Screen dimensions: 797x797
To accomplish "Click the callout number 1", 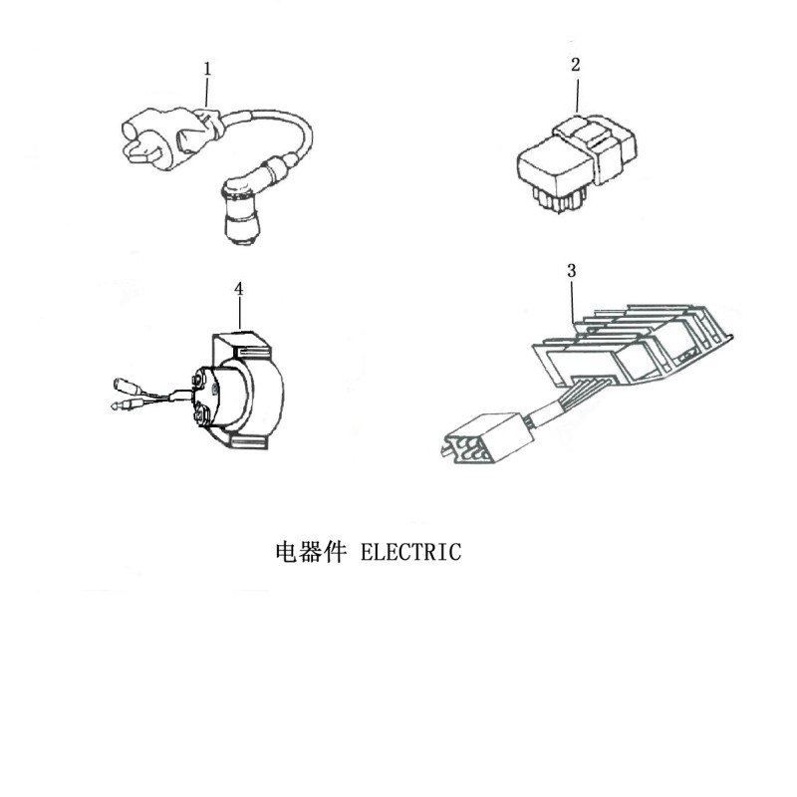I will (x=207, y=69).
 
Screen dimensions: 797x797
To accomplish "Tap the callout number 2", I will (x=575, y=65).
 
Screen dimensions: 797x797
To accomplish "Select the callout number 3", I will (x=571, y=270).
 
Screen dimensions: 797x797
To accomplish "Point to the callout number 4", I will (x=238, y=288).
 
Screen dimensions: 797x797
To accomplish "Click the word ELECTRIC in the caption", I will (x=410, y=552).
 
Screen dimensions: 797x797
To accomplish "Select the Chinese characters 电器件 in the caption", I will (x=308, y=552).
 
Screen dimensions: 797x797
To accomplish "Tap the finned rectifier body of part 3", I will (x=628, y=344).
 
